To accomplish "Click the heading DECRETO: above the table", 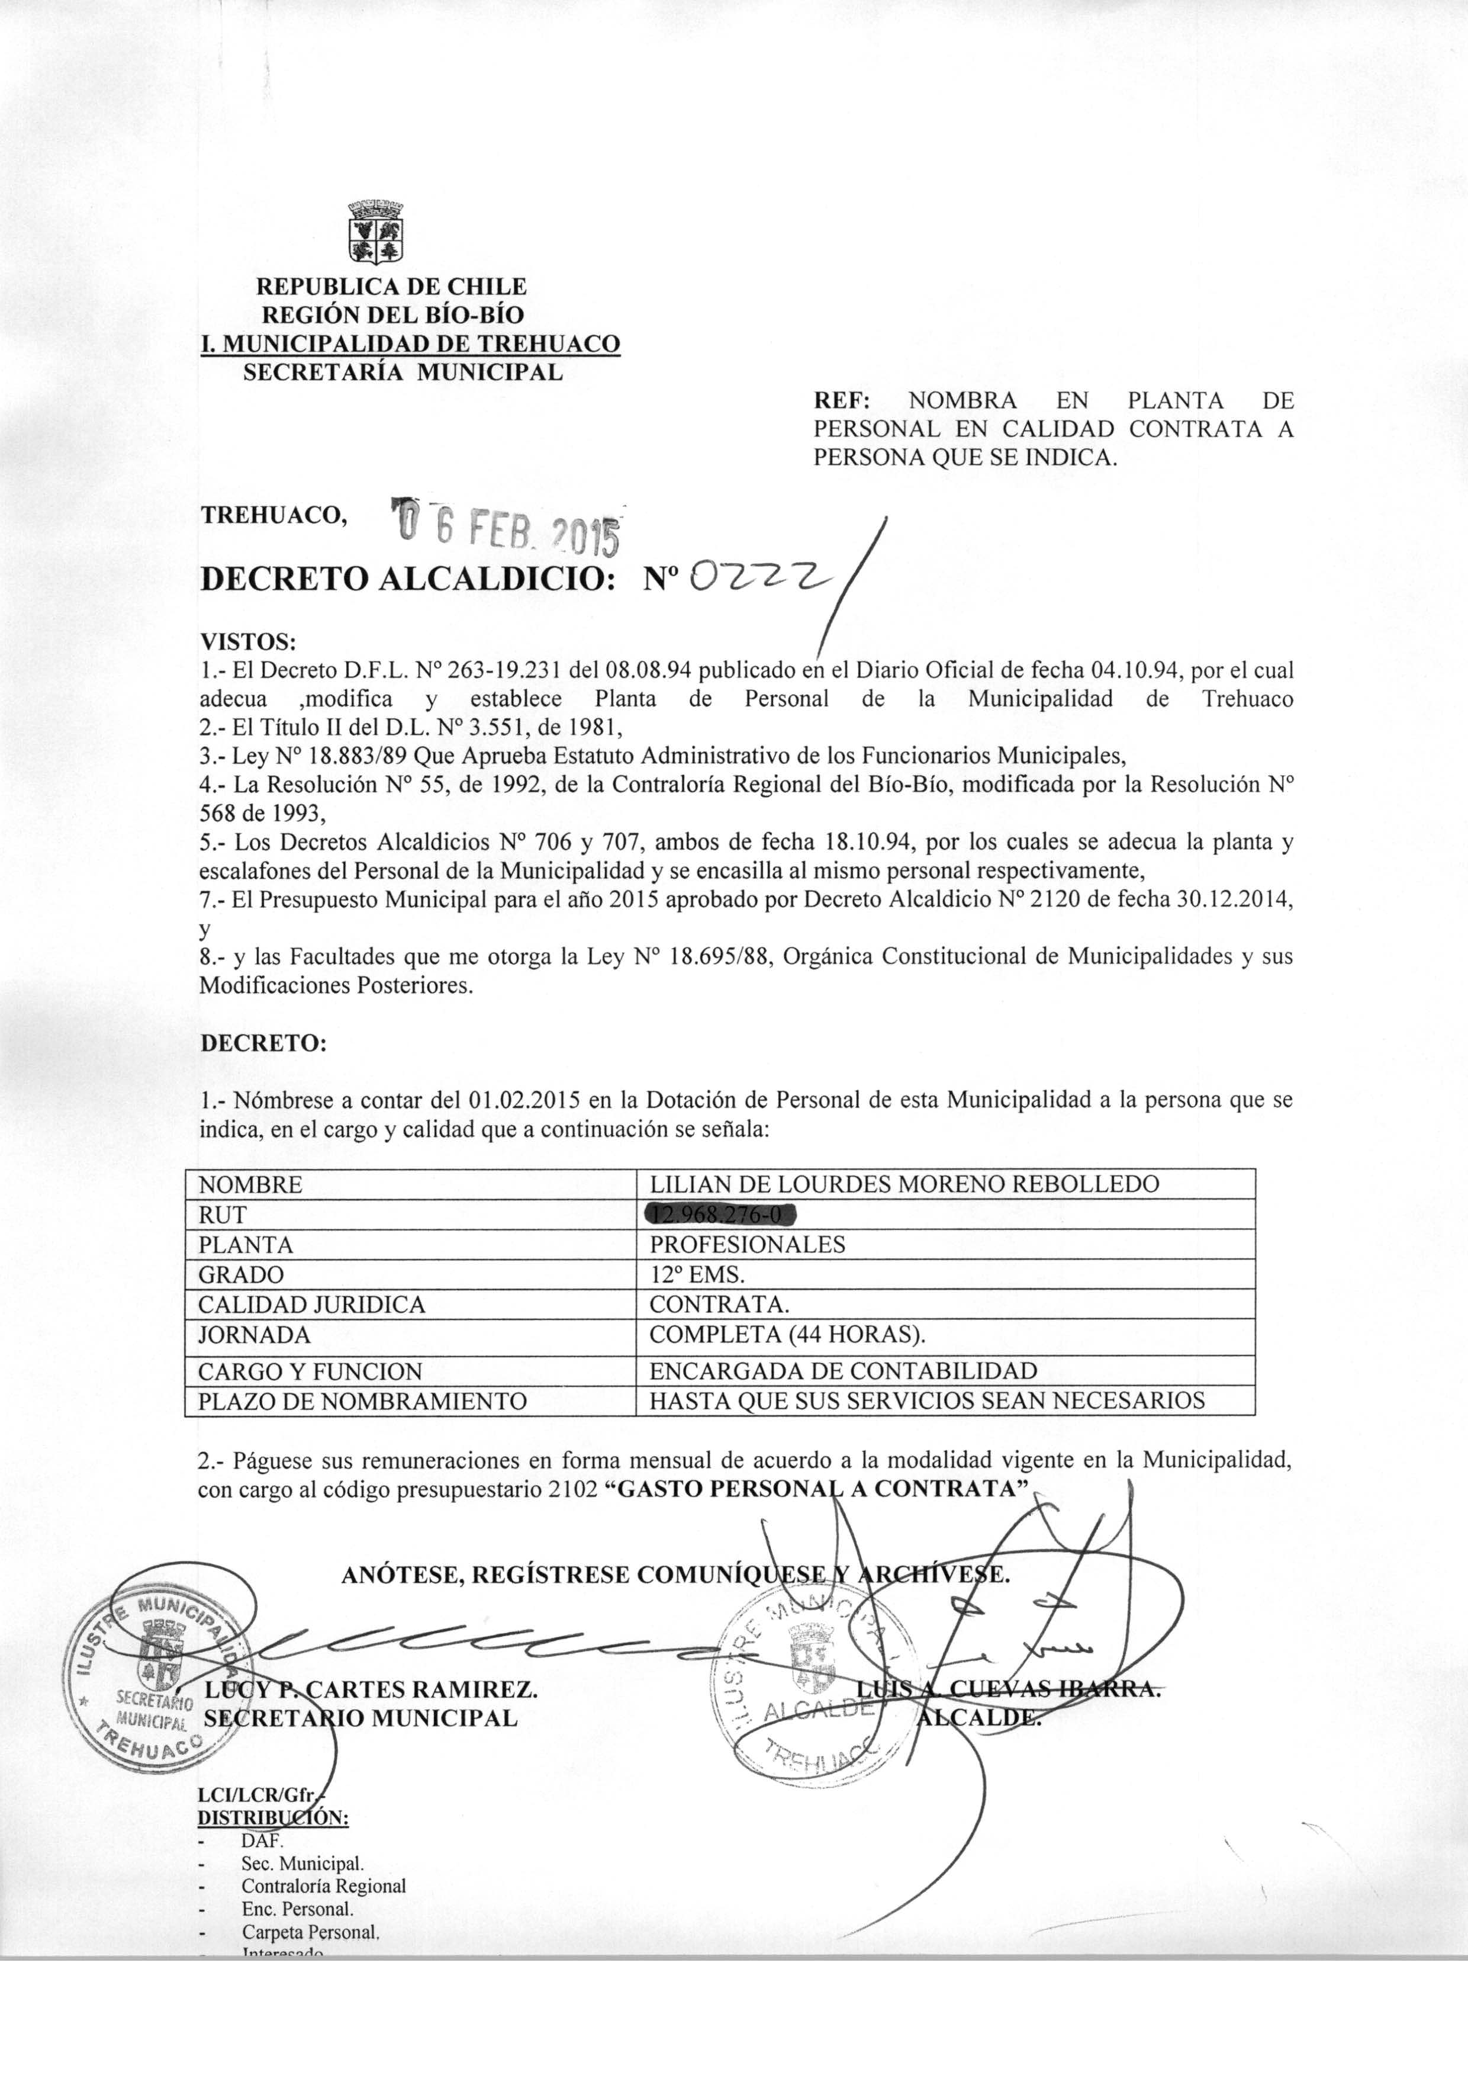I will pos(262,1042).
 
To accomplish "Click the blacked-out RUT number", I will pos(722,1214).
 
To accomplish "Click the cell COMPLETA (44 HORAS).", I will pos(787,1335).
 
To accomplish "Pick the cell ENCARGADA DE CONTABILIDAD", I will pos(842,1371).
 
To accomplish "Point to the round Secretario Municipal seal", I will pos(156,1684).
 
